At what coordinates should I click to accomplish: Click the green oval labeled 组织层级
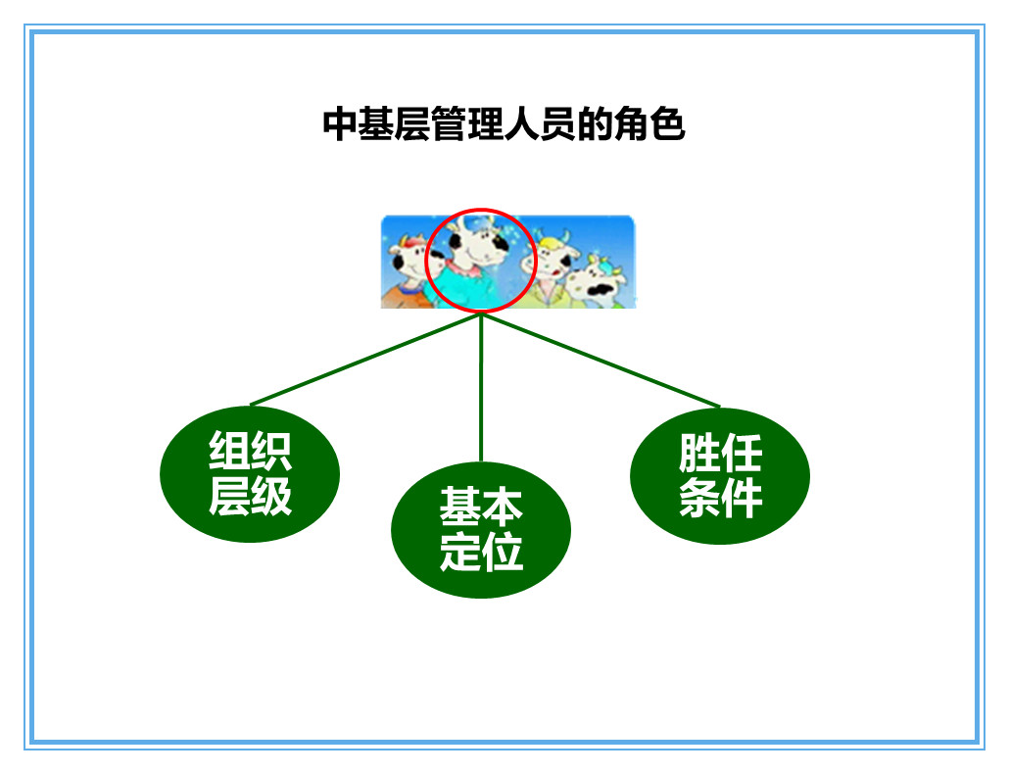coord(250,473)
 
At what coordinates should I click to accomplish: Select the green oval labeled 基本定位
coord(480,530)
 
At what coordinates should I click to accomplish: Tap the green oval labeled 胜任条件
coord(720,476)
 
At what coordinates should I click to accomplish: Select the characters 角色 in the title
coord(649,125)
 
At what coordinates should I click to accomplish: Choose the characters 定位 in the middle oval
coord(480,553)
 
